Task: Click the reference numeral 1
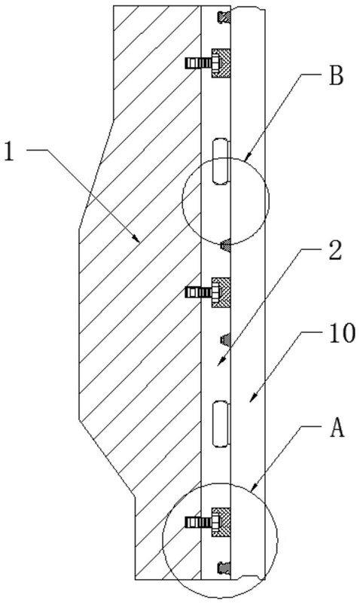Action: coord(8,151)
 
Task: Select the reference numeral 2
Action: coord(334,251)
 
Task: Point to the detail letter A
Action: coord(337,428)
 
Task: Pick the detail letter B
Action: coord(336,76)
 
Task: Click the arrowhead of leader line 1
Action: coord(136,238)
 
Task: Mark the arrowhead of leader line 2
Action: coord(220,361)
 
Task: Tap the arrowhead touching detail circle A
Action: coord(253,487)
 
